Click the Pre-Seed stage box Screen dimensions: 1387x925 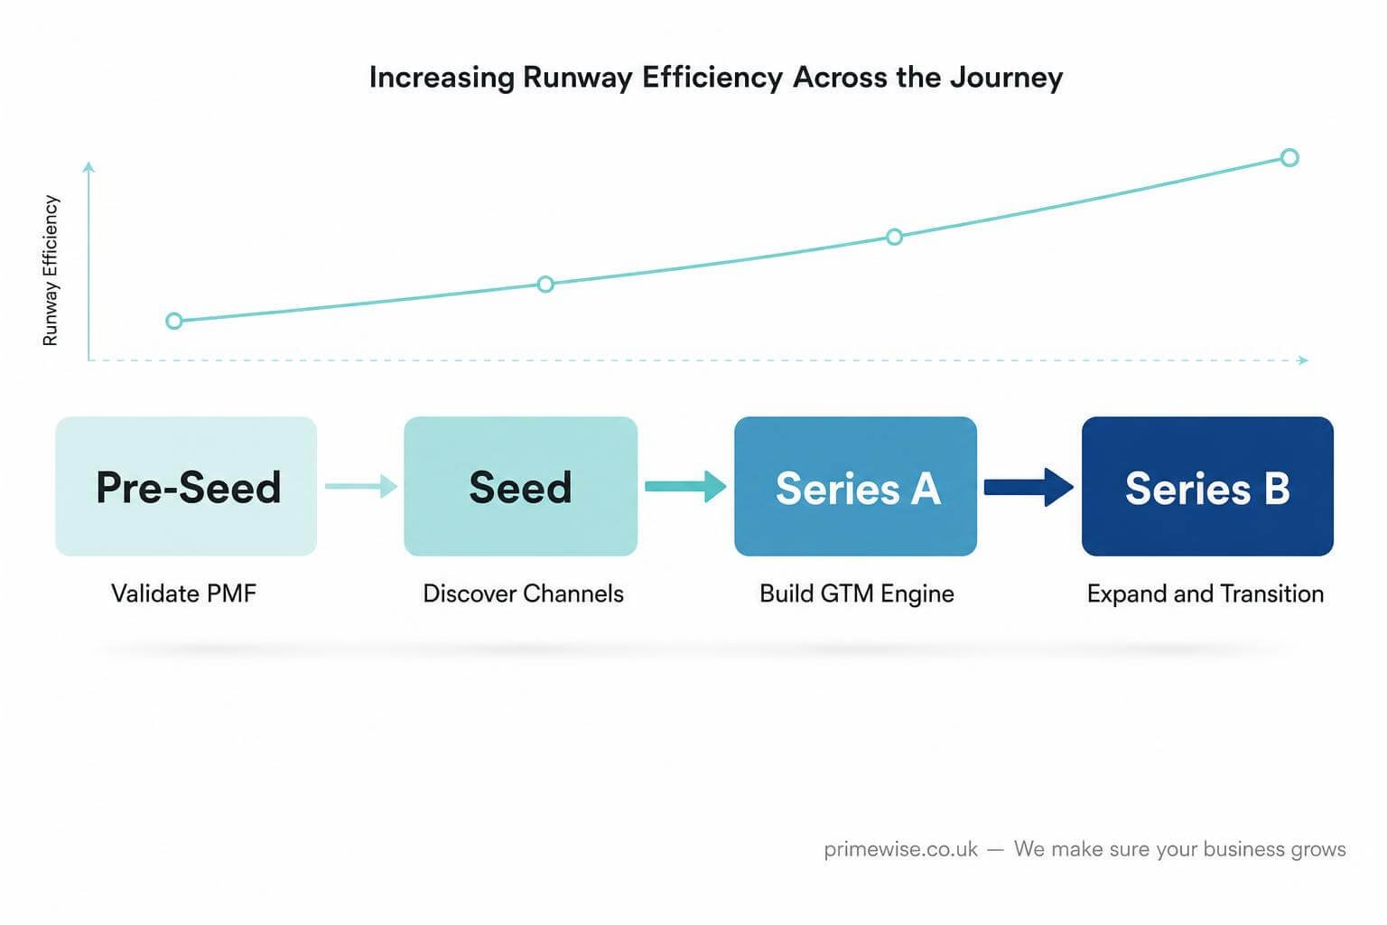(x=186, y=486)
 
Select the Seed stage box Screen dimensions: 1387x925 (x=521, y=486)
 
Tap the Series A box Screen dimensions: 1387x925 (x=856, y=486)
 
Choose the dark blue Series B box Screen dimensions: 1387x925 (x=1207, y=486)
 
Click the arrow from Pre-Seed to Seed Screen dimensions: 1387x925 (x=361, y=486)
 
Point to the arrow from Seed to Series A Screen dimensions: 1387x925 (x=685, y=486)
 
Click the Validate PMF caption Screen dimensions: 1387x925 (x=184, y=593)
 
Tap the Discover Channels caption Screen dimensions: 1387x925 (x=523, y=593)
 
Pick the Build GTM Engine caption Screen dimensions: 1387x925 (x=857, y=593)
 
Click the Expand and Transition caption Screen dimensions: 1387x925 (x=1205, y=593)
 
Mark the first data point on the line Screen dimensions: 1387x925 (x=174, y=321)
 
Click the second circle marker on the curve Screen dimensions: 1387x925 (x=545, y=285)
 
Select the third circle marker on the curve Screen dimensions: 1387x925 (x=894, y=237)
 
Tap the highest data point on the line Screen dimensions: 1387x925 (x=1289, y=158)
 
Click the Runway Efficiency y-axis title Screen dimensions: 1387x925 (x=51, y=270)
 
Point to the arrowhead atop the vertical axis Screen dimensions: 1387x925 (x=88, y=166)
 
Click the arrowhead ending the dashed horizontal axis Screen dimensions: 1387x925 (x=1303, y=360)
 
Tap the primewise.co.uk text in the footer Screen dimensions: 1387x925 (x=901, y=849)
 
